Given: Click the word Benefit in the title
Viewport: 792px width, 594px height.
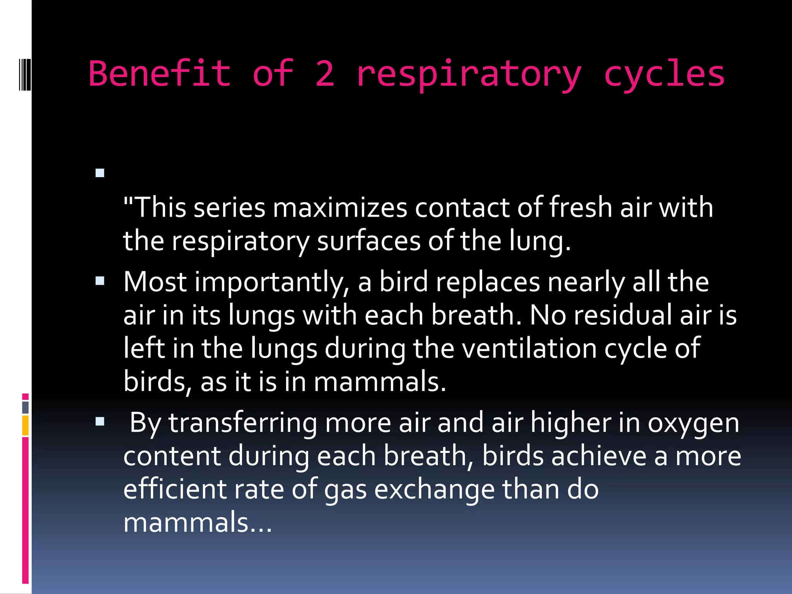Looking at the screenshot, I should pyautogui.click(x=160, y=73).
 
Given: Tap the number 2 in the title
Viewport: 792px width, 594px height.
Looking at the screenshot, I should pyautogui.click(x=324, y=73).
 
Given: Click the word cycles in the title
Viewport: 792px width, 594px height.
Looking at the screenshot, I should pyautogui.click(x=664, y=73).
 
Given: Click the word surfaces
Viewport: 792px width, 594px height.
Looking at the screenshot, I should pyautogui.click(x=369, y=241).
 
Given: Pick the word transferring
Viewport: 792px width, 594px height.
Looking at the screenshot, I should pyautogui.click(x=242, y=423).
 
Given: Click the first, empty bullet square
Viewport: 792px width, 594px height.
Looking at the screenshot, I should pyautogui.click(x=100, y=173).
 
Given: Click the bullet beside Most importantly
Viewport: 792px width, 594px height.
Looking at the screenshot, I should pyautogui.click(x=100, y=281).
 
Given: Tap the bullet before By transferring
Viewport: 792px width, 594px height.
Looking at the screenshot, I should pyautogui.click(x=100, y=422).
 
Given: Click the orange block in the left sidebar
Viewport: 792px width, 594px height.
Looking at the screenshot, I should pyautogui.click(x=26, y=425).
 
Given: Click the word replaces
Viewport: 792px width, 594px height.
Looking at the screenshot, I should pyautogui.click(x=488, y=282).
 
